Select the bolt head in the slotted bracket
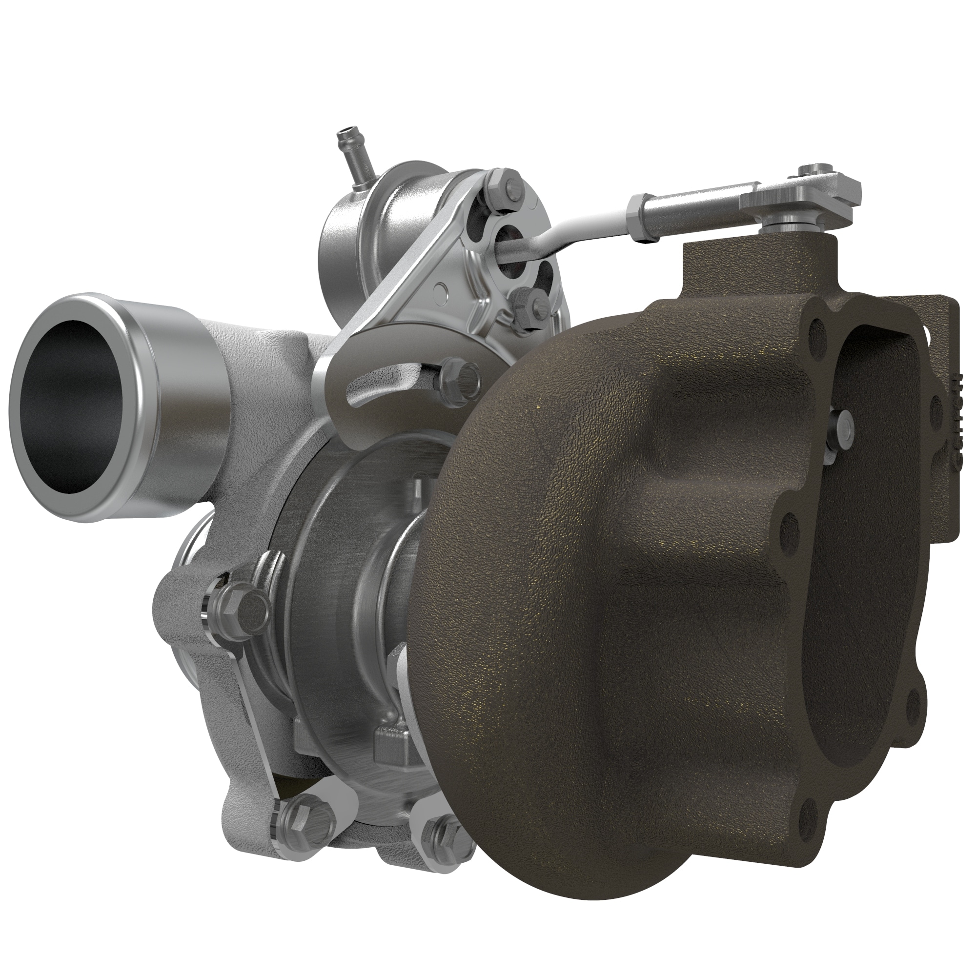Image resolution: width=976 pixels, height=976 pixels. click(x=457, y=374)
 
